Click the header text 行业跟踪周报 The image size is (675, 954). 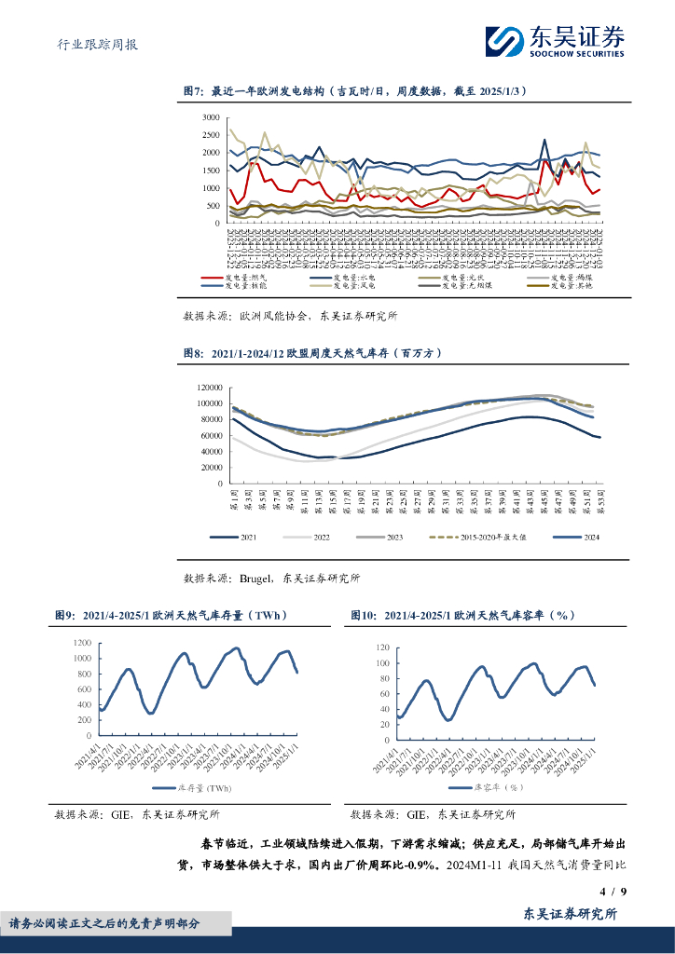click(x=91, y=44)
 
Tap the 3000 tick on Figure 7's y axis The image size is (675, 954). click(x=210, y=118)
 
